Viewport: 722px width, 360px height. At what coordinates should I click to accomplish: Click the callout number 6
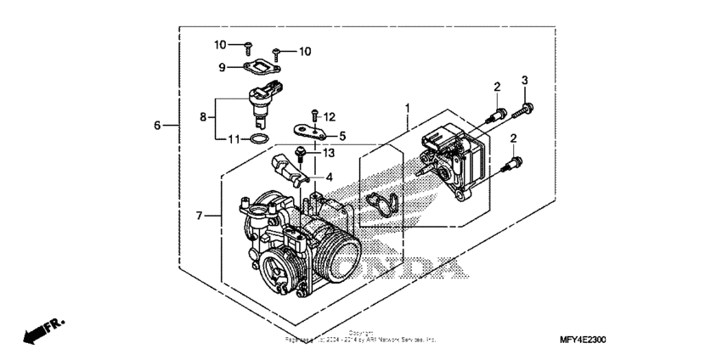(157, 126)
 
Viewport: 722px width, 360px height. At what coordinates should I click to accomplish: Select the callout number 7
(200, 217)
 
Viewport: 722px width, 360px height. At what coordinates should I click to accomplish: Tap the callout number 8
(203, 118)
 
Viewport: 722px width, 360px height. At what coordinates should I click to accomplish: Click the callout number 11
(232, 138)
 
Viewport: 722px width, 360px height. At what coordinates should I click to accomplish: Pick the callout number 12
(330, 116)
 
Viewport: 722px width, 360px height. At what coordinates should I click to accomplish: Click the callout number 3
(524, 80)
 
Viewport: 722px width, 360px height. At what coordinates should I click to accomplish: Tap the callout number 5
(343, 136)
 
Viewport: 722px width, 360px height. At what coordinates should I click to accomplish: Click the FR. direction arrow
(40, 331)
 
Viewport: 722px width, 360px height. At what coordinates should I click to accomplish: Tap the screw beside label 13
(301, 154)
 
